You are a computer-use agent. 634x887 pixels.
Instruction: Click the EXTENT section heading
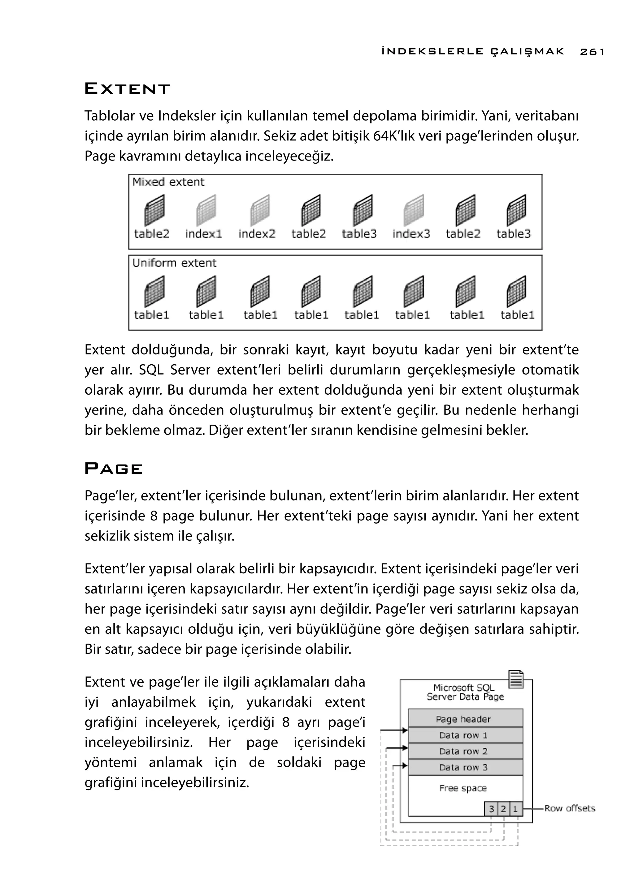point(127,89)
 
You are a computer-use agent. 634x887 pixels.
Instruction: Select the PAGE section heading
point(114,469)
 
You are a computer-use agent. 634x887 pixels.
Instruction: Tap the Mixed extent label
point(168,182)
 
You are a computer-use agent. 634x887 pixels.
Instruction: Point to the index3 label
point(411,234)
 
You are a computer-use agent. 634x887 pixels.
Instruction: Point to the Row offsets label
point(570,808)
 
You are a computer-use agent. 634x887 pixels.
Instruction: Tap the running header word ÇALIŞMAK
point(527,51)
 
